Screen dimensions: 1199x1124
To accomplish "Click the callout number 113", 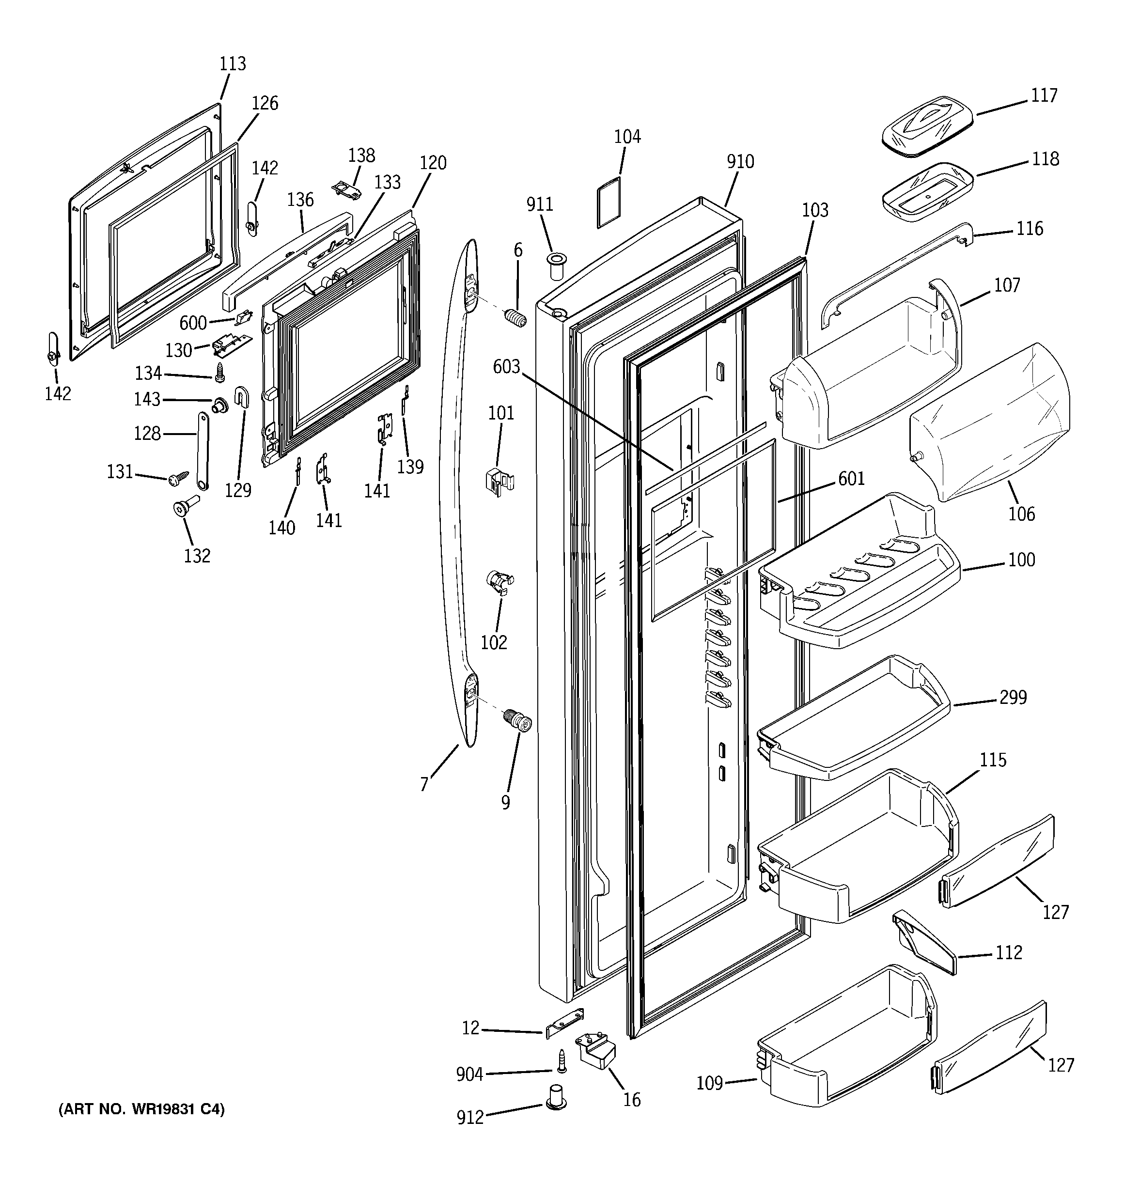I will [x=232, y=63].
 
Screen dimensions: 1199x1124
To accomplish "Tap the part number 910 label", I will [x=740, y=162].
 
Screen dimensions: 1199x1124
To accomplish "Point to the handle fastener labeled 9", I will [x=517, y=721].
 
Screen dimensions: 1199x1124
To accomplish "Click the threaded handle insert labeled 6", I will [x=515, y=318].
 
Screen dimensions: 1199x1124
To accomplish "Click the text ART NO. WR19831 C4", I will [x=141, y=1109].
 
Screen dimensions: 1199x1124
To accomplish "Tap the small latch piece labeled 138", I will [x=349, y=189].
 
